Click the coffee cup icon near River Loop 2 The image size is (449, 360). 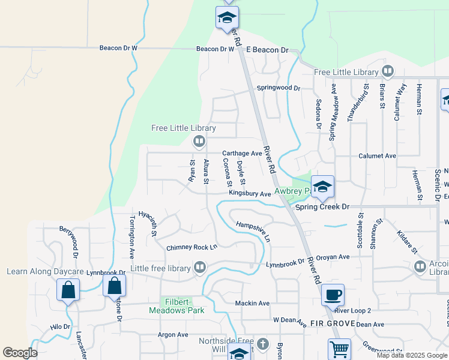(333, 295)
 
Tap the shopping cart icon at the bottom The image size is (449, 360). (339, 349)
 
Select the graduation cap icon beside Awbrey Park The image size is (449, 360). (322, 187)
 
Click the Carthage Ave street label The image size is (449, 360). (243, 154)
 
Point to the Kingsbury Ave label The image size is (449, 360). (250, 194)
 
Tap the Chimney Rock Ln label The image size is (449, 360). (192, 247)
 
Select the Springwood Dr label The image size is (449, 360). (279, 88)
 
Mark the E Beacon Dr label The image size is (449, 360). (268, 50)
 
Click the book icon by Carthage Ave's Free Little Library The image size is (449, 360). (199, 142)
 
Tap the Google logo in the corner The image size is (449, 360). (20, 353)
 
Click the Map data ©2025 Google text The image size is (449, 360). (412, 355)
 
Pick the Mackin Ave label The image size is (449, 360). (252, 303)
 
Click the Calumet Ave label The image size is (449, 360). (377, 155)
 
